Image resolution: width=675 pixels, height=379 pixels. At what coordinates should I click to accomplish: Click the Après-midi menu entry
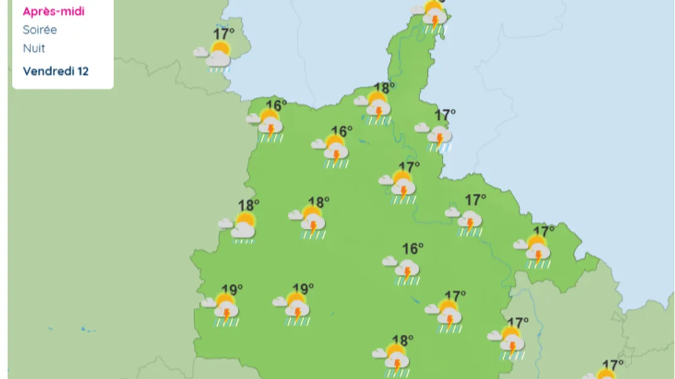click(x=53, y=11)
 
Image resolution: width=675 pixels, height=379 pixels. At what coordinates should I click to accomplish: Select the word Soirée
click(x=40, y=29)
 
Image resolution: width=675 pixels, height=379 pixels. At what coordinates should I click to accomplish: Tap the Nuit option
click(x=34, y=48)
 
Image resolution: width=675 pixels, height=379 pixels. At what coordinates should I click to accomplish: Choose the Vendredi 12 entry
click(x=56, y=71)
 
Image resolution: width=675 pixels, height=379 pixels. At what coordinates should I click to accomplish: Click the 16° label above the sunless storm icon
click(x=413, y=248)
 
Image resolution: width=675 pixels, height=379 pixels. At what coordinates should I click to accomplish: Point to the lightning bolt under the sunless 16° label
click(x=407, y=270)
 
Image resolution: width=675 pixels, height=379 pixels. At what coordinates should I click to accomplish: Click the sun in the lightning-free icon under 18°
click(x=246, y=220)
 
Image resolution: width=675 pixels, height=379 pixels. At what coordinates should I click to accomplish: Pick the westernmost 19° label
click(x=232, y=289)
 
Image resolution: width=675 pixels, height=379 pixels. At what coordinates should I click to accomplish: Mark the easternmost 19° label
click(x=303, y=288)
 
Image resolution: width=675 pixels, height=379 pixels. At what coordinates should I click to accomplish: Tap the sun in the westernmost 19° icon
click(x=225, y=301)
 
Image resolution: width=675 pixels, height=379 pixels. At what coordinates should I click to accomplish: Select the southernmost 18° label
click(x=403, y=339)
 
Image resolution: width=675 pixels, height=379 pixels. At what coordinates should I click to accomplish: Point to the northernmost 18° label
click(x=384, y=88)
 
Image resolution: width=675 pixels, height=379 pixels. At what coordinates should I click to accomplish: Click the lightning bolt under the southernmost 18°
click(x=397, y=364)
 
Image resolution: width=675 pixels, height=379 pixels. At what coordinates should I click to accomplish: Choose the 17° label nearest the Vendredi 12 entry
click(x=223, y=34)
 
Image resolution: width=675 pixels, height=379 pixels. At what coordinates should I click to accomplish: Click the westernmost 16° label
click(x=276, y=105)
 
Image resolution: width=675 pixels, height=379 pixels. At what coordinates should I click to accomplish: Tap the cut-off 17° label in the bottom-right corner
click(x=613, y=365)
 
